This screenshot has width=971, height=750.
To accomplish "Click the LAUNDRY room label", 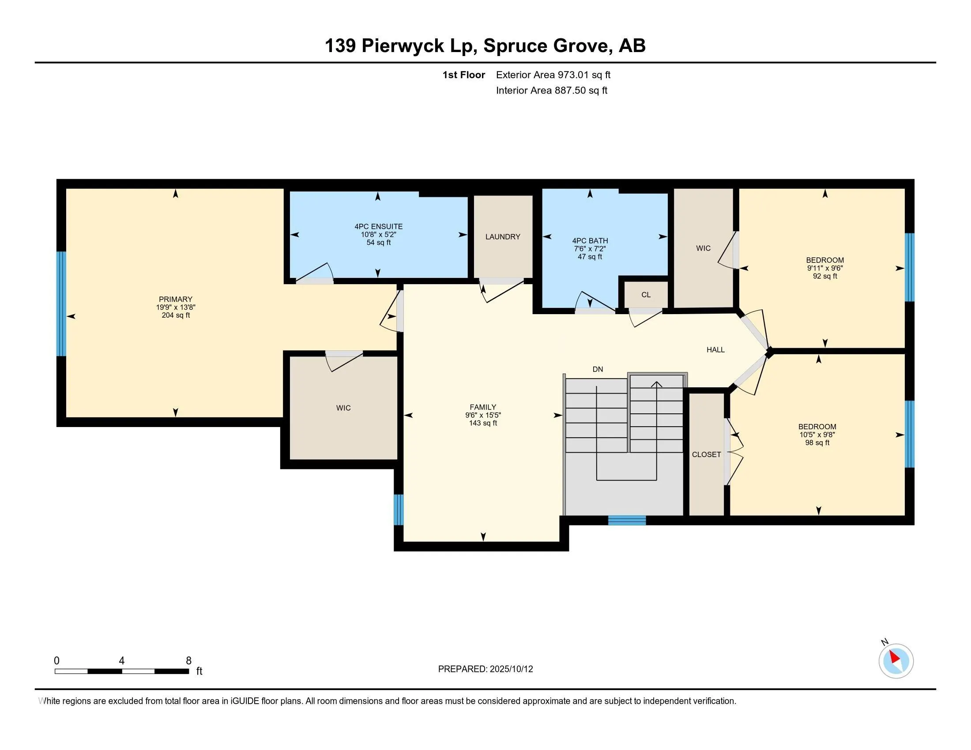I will point(502,237).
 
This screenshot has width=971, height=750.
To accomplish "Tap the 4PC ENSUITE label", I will point(378,227).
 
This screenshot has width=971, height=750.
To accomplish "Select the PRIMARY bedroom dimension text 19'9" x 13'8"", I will point(176,307).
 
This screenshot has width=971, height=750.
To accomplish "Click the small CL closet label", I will point(646,295).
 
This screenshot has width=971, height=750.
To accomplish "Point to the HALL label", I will point(715,350).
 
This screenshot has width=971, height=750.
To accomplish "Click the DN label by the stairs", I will point(598,369).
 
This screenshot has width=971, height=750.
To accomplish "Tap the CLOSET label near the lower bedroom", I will point(706,454).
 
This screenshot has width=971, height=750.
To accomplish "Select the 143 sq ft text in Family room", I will point(483,423).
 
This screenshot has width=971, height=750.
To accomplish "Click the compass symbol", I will point(896,661).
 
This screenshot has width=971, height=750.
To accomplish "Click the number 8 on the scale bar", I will point(188,661).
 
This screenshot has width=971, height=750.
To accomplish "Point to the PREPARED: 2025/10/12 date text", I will point(485,669).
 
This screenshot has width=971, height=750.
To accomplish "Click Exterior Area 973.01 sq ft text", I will point(553,75).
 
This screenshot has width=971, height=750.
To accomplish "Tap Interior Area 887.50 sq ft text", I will point(551,90).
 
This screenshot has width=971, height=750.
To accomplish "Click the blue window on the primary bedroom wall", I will point(61,304).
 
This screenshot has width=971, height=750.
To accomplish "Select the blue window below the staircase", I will point(627,520).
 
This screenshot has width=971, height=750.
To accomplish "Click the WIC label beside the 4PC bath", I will point(703,248).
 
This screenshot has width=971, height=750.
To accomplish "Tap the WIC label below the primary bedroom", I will point(343,408).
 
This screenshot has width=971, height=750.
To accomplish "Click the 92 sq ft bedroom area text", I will point(825,276).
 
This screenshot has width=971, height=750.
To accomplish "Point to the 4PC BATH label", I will point(590,241).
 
